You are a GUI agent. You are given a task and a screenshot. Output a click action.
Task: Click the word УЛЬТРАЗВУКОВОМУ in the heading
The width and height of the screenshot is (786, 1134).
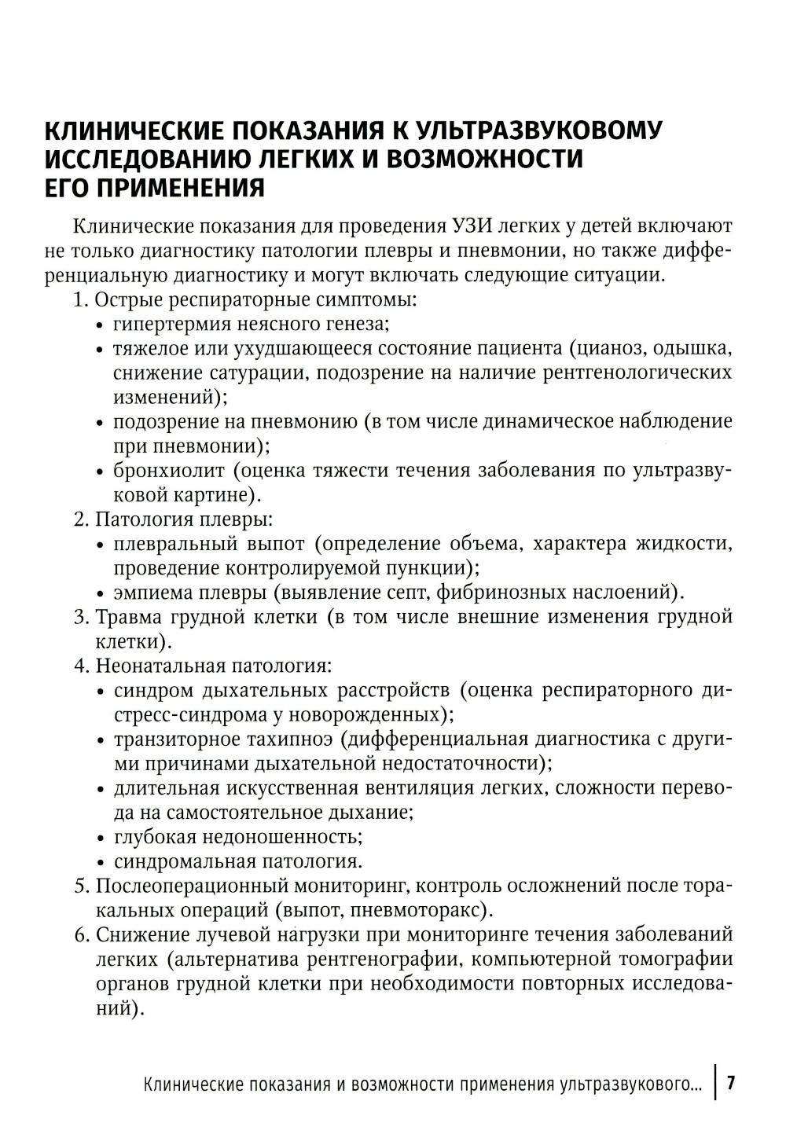click(538, 130)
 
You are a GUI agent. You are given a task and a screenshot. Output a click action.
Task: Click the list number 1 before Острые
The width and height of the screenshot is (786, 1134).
click(79, 299)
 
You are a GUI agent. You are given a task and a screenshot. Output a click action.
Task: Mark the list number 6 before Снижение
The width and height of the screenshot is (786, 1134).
click(80, 935)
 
